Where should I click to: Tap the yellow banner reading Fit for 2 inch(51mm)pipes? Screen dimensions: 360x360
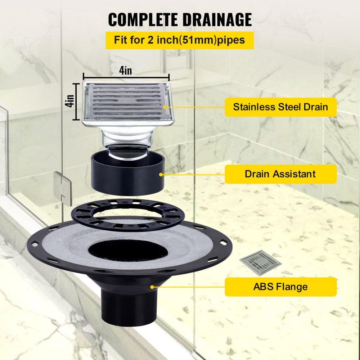point(179,40)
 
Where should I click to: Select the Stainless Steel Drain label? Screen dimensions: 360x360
point(280,107)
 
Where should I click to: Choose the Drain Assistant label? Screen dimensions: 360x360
point(280,174)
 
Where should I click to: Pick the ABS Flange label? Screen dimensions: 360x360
point(280,287)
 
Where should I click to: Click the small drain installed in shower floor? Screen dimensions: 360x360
point(260,262)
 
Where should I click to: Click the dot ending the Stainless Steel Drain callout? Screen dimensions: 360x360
point(165,107)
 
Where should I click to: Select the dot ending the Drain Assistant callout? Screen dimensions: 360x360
point(161,174)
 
